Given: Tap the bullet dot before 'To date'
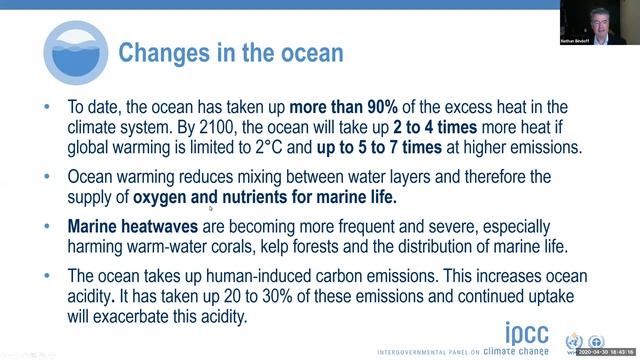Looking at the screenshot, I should click(x=49, y=108).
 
